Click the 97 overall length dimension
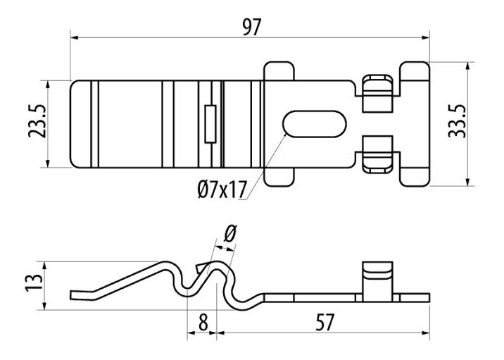coord(252,27)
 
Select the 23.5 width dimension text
coord(37,121)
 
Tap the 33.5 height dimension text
coord(457,121)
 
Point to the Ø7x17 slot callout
coord(222,190)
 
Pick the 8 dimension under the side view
coord(203,323)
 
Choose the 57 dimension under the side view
coord(325,323)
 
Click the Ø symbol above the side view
coord(230,233)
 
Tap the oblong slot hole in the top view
coord(315,124)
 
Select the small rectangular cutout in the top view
coord(210,124)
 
